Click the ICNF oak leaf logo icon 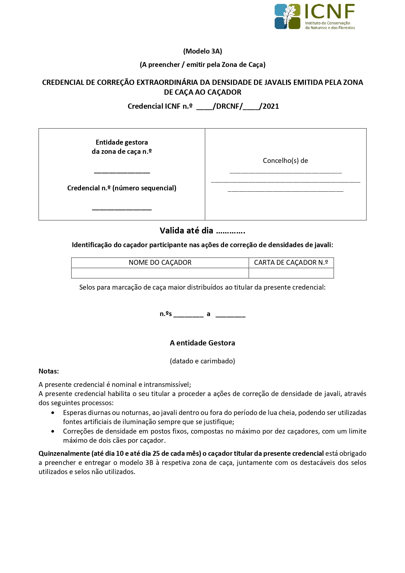click(287, 16)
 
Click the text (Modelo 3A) click(202, 51)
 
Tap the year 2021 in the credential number click(271, 106)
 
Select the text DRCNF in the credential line click(227, 106)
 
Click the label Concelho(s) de click(285, 161)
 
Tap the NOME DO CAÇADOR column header click(160, 263)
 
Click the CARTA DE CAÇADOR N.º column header click(291, 263)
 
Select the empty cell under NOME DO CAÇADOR click(160, 273)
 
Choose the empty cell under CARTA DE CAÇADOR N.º click(291, 273)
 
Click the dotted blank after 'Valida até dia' click(231, 231)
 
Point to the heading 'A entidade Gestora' click(202, 343)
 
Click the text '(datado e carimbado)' click(202, 361)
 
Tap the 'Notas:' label click(49, 371)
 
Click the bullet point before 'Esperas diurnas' click(53, 413)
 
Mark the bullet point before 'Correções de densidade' click(53, 432)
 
